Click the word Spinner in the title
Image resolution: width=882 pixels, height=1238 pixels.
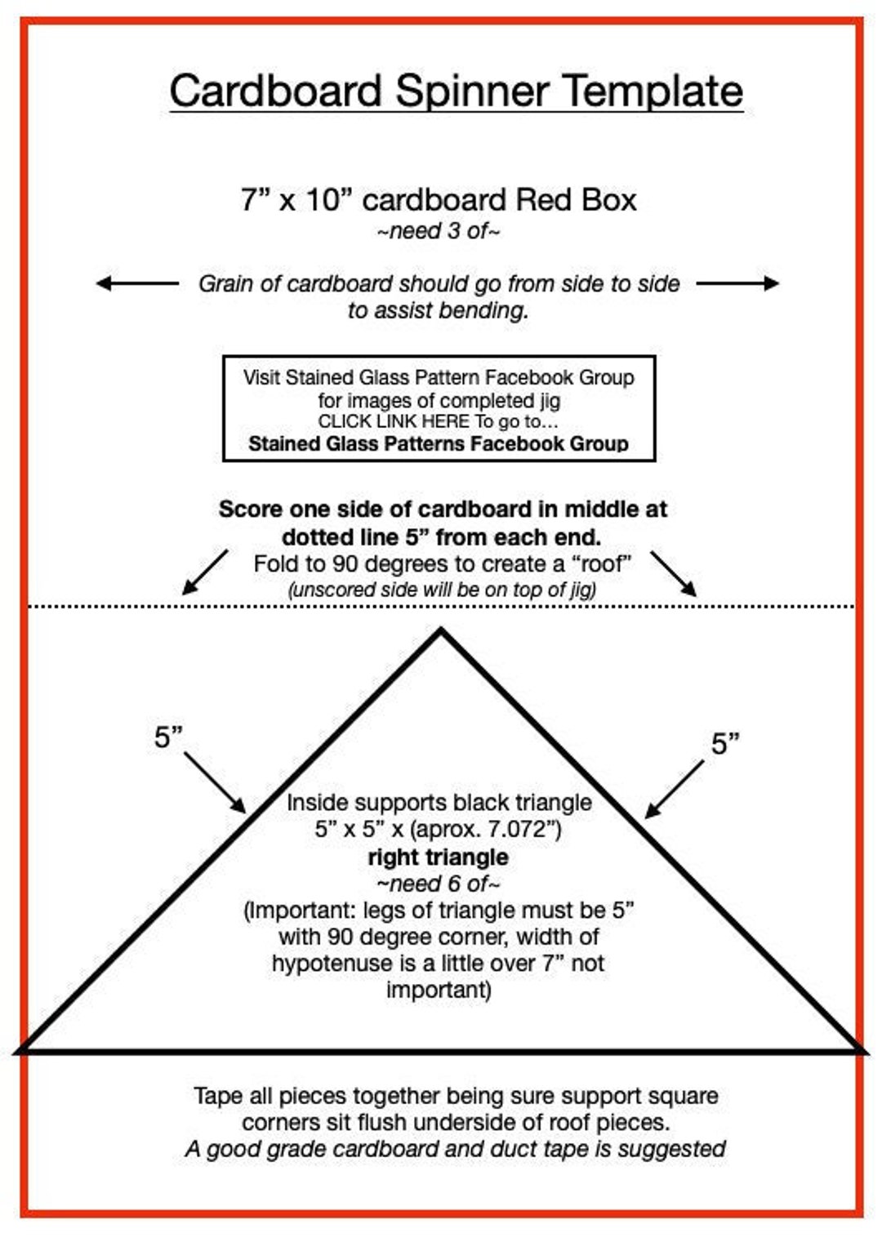(473, 92)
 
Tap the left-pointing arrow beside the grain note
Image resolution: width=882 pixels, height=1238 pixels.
(137, 283)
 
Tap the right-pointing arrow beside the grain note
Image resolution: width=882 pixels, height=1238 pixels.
(737, 283)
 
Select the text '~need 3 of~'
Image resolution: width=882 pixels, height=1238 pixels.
(439, 231)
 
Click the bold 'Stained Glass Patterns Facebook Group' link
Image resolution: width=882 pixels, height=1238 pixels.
(439, 443)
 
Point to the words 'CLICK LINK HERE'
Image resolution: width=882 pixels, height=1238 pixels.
(394, 421)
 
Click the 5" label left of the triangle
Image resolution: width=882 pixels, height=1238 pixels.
(168, 737)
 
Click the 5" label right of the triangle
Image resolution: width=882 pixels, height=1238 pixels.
(725, 743)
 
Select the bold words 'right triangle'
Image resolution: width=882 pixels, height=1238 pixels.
(439, 857)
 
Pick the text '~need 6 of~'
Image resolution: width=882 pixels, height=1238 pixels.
(439, 884)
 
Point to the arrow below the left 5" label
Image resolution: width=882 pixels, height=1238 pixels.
(215, 782)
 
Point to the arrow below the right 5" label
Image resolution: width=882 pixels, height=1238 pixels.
(675, 789)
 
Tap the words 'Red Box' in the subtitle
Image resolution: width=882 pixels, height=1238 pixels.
(576, 199)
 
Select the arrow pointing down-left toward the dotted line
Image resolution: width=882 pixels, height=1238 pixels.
(204, 572)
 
